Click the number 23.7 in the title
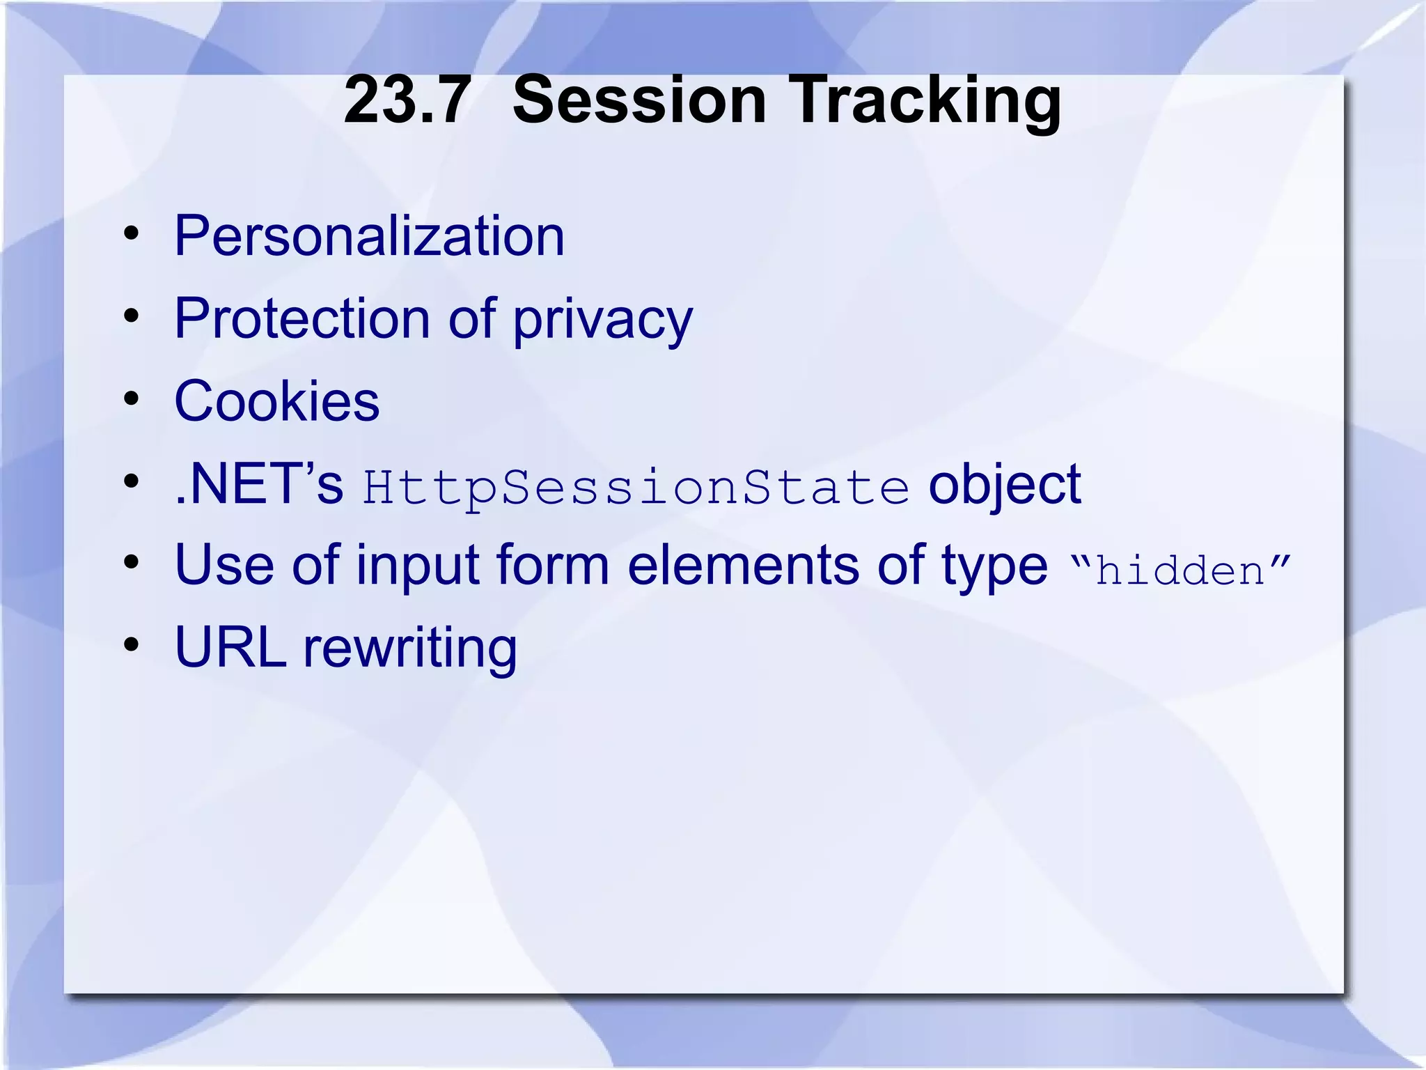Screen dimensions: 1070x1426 [407, 101]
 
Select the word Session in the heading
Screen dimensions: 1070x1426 [639, 101]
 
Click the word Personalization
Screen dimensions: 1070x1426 [369, 236]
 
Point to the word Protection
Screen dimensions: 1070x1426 [301, 318]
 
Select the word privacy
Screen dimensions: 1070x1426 [603, 322]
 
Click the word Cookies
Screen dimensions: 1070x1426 [277, 401]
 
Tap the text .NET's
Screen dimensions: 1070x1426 [259, 483]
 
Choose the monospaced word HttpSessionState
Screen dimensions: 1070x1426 [636, 487]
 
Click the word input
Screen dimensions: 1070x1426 [416, 566]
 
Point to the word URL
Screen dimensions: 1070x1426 [230, 647]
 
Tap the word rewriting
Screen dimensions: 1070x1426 [410, 649]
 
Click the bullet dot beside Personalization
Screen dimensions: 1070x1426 [131, 235]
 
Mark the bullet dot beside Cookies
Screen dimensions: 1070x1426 [131, 400]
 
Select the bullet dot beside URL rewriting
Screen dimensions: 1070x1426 [131, 646]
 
